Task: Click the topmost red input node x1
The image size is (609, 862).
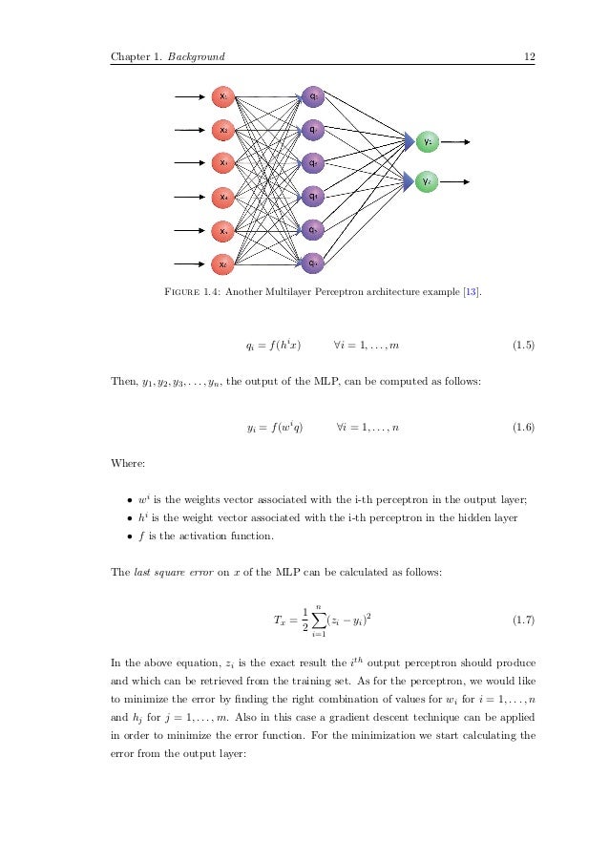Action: [222, 95]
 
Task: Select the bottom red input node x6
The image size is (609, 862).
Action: [222, 264]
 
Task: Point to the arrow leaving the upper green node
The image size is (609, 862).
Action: [456, 142]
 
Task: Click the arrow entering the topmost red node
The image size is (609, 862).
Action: [191, 95]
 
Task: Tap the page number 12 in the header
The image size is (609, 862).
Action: [528, 57]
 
